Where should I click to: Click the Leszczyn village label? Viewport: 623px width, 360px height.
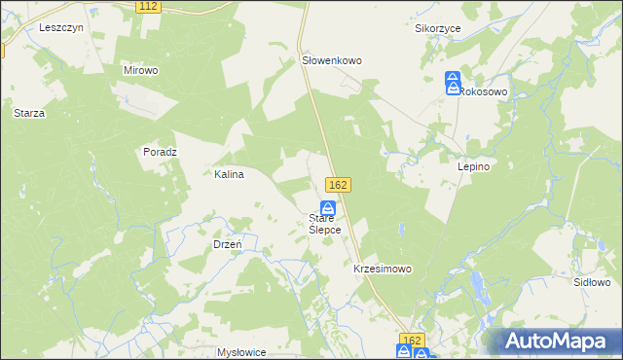61,28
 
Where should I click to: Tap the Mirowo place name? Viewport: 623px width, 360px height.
140,70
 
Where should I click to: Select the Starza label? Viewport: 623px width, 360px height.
29,113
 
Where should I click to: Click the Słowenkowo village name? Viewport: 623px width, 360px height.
331,60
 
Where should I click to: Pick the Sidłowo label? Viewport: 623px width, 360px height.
592,281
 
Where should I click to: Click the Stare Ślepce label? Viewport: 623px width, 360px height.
324,224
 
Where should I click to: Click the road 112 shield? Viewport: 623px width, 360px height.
148,6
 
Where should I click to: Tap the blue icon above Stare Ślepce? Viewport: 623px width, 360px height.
329,208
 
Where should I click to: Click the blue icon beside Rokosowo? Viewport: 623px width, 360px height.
453,82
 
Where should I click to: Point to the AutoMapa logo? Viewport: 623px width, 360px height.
559,342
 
